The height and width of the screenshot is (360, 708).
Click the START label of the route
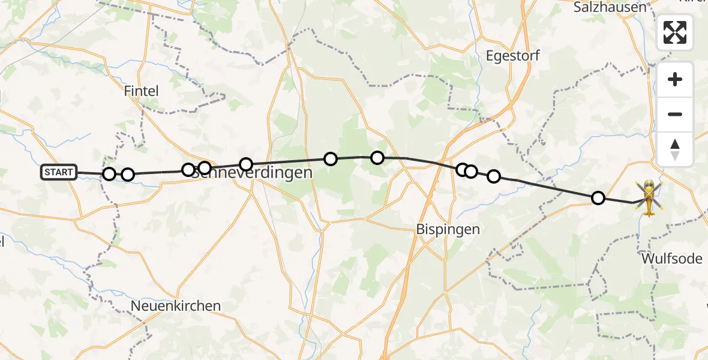click(59, 173)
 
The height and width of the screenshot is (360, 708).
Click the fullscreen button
click(675, 32)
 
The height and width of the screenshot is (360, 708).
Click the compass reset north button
click(675, 149)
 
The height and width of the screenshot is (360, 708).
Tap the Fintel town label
click(141, 91)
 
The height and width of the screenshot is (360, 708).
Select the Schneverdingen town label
click(252, 173)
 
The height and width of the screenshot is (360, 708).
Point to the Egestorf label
click(512, 56)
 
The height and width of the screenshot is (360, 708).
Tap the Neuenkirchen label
click(176, 306)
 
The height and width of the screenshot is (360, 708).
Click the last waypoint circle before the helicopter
click(598, 198)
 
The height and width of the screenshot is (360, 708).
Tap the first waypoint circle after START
click(109, 174)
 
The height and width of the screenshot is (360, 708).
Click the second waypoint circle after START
click(128, 175)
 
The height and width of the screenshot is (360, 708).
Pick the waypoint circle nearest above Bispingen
click(463, 170)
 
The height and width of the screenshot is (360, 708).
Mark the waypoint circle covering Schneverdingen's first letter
click(188, 170)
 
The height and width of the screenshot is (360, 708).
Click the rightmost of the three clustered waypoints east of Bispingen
click(493, 176)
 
